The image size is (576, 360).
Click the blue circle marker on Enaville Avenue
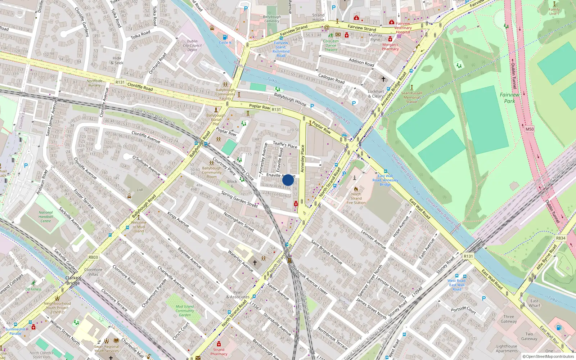click(x=288, y=180)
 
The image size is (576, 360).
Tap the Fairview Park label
click(x=509, y=98)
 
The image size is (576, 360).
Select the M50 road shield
click(x=530, y=129)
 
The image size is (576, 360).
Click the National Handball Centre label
click(x=46, y=217)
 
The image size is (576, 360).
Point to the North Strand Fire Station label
click(x=356, y=198)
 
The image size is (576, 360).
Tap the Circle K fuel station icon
click(x=225, y=37)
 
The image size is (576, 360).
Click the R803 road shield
click(x=93, y=257)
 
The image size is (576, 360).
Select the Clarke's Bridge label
click(x=73, y=280)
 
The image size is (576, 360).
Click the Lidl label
click(x=140, y=190)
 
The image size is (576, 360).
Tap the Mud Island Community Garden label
click(x=185, y=311)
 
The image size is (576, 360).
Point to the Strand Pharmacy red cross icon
click(x=219, y=344)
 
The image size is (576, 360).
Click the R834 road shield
click(x=561, y=238)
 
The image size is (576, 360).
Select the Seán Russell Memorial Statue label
click(x=411, y=97)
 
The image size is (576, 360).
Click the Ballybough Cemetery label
click(x=272, y=19)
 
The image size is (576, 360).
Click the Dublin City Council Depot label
click(x=192, y=45)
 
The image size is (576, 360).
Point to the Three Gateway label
click(x=509, y=319)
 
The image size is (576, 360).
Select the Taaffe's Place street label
click(x=285, y=145)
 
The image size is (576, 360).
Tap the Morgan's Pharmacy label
click(x=390, y=47)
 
